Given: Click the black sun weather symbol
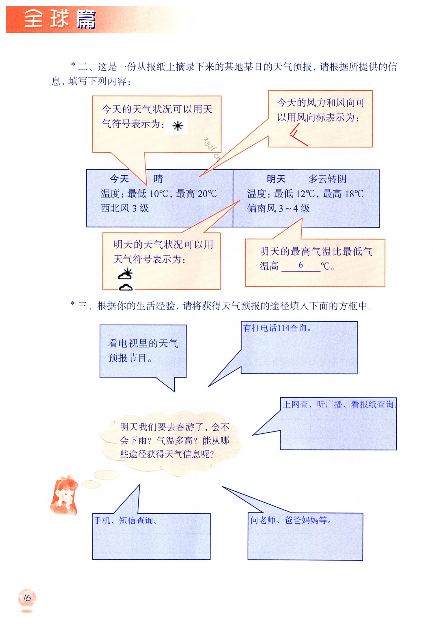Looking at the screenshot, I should [x=178, y=126].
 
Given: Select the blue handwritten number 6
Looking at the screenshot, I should [x=301, y=265].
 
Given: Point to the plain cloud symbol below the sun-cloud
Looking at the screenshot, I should [x=126, y=287].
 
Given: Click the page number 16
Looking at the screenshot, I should [x=27, y=598].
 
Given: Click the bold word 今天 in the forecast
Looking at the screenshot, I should [x=119, y=179].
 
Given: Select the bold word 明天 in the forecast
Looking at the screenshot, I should [x=276, y=179].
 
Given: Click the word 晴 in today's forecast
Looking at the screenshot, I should [x=158, y=179].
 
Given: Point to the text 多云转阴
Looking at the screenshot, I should [x=327, y=179].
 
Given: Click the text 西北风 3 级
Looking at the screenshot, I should [x=125, y=208].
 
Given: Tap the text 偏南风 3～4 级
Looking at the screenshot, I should [x=279, y=208].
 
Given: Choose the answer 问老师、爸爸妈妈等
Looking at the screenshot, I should [x=291, y=520].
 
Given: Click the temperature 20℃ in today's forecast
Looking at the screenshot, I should [x=207, y=194].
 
